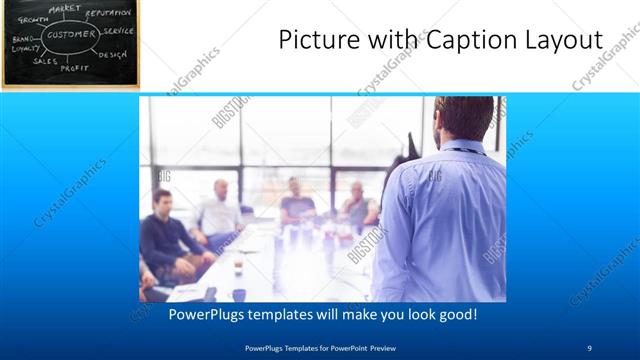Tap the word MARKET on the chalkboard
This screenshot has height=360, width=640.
click(65, 8)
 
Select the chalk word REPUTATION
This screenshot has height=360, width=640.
click(108, 13)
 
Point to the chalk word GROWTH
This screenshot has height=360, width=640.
click(33, 19)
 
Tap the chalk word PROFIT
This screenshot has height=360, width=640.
click(74, 68)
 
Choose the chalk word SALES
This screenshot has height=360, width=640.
click(45, 61)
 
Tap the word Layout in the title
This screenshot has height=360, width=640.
click(561, 41)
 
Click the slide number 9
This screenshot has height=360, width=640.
click(590, 348)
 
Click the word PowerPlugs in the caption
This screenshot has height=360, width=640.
click(205, 315)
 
